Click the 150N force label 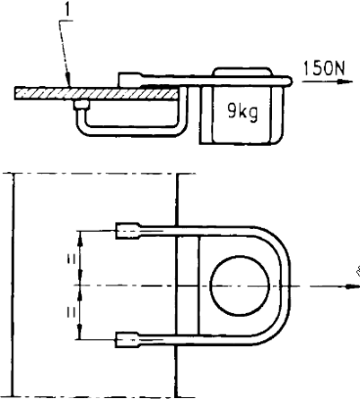tap(324, 68)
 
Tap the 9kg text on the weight tap(243, 112)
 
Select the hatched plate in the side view tap(96, 93)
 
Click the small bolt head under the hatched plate tap(81, 105)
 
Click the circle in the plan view tap(240, 286)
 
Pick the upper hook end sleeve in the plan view tap(128, 231)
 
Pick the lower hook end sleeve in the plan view tap(128, 339)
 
